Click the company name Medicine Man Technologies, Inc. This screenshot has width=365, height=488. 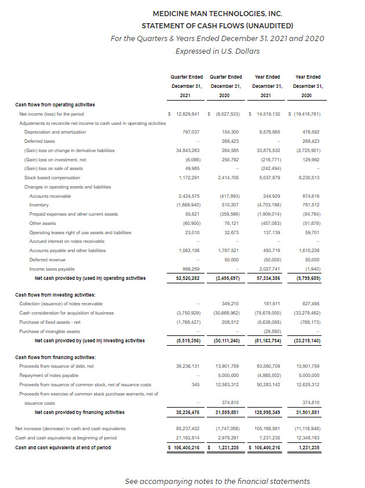pyautogui.click(x=217, y=13)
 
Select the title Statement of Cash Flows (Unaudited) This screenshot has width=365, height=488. pyautogui.click(x=217, y=25)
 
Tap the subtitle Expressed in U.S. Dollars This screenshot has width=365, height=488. pyautogui.click(x=217, y=50)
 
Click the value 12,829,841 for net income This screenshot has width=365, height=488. pyautogui.click(x=186, y=114)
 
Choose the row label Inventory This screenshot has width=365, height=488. pyautogui.click(x=39, y=205)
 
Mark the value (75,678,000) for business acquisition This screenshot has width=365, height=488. pyautogui.click(x=267, y=313)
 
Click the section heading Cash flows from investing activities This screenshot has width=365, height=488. pyautogui.click(x=55, y=295)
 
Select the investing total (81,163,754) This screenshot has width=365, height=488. pyautogui.click(x=266, y=341)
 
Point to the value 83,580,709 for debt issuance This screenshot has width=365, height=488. pyautogui.click(x=267, y=366)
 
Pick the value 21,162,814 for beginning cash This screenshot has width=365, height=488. pyautogui.click(x=187, y=438)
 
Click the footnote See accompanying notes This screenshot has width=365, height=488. pyautogui.click(x=217, y=481)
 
